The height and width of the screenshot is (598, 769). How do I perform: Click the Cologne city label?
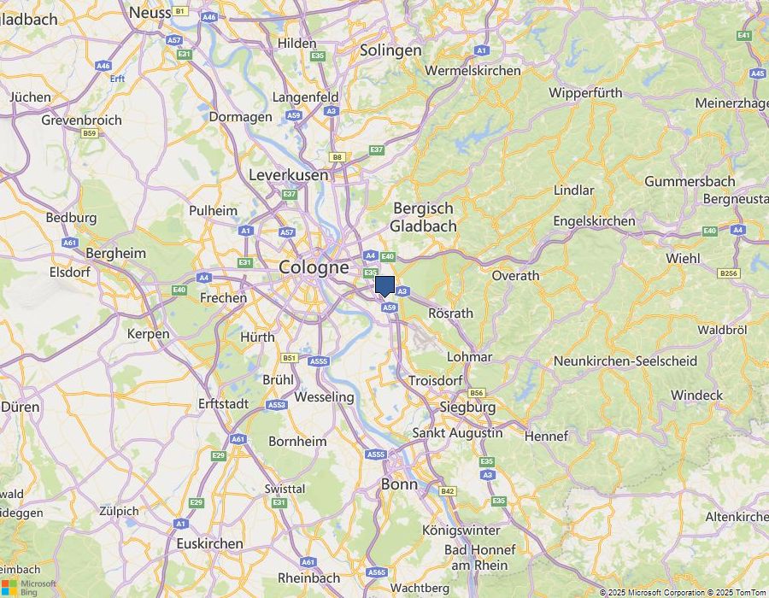314,267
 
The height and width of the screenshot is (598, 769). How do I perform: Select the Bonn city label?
399,484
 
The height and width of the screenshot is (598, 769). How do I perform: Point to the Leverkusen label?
288,174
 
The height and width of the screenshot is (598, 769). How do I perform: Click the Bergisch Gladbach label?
423,217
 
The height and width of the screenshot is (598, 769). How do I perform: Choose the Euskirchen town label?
209,543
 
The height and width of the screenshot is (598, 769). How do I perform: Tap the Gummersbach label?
690,181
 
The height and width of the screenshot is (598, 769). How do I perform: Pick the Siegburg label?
467,407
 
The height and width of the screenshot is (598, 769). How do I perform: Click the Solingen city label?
390,50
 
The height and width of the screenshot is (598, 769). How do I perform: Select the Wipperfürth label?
585,92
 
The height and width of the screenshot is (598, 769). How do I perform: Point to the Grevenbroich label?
81,120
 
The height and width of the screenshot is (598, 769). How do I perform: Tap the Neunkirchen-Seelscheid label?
625,361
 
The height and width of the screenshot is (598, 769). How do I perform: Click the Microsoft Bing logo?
29,587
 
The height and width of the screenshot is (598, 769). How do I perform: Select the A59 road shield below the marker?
389,307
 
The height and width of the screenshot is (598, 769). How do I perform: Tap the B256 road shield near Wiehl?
729,273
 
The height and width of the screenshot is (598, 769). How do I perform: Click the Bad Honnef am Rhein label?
479,557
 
